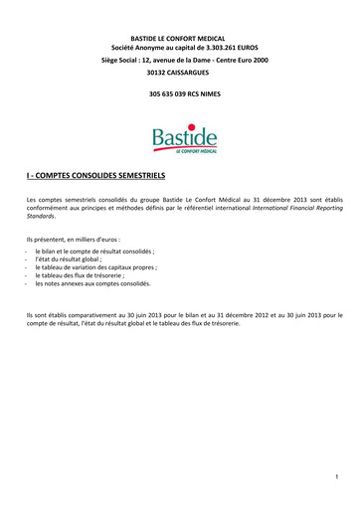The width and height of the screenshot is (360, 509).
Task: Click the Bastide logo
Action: (179, 138)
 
